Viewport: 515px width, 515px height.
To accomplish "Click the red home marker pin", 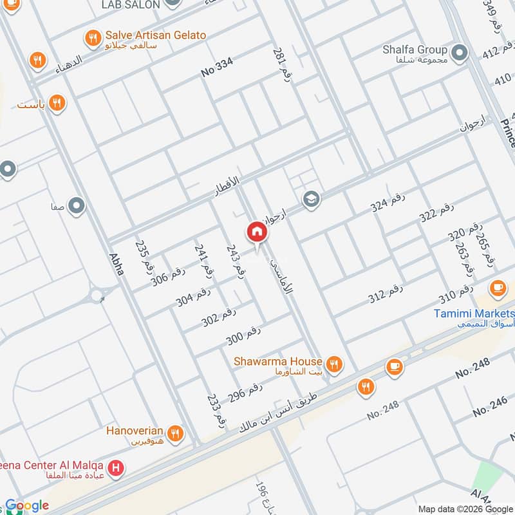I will [256, 232].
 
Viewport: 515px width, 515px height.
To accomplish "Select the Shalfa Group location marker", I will [459, 53].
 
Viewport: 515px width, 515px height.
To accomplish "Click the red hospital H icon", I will [115, 467].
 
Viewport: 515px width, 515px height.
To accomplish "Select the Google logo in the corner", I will [27, 505].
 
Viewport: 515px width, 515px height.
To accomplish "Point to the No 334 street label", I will [217, 66].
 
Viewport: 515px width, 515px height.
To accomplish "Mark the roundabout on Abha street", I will [97, 295].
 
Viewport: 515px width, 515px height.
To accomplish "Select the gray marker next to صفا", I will [77, 207].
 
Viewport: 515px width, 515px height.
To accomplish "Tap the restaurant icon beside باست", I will [57, 102].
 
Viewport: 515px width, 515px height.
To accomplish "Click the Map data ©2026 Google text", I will [465, 509].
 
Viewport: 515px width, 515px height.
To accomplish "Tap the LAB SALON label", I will [131, 5].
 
